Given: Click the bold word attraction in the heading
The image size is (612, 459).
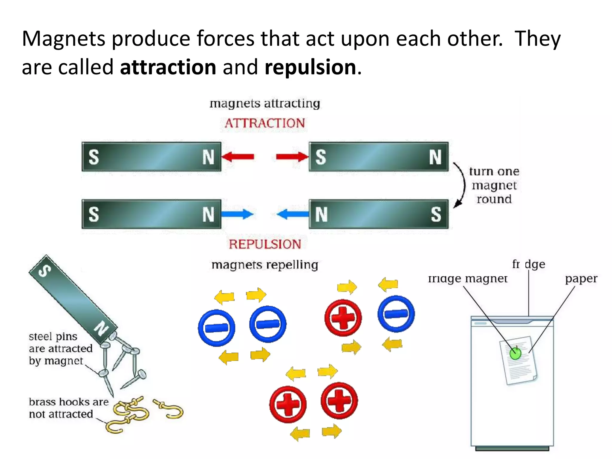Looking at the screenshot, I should [x=168, y=67].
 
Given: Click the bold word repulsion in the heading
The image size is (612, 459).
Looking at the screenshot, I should [x=310, y=67].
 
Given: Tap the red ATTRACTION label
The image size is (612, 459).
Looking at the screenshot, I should [x=265, y=123].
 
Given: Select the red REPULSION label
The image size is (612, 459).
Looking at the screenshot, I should [x=265, y=244].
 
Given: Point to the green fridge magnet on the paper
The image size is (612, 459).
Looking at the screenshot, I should [x=515, y=354].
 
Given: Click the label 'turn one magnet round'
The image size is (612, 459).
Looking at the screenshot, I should [x=494, y=185].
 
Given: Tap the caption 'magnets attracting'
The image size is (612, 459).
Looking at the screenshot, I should [x=265, y=103].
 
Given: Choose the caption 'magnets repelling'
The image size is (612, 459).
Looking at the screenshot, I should [x=265, y=265].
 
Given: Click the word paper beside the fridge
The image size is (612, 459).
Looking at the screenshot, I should [x=581, y=279].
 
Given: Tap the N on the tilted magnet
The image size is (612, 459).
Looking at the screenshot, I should [x=102, y=328].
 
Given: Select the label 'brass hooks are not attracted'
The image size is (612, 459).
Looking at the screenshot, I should [x=68, y=408].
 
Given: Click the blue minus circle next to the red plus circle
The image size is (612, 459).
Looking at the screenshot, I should [x=396, y=314].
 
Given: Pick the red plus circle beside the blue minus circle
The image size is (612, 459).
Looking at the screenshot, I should [x=343, y=318].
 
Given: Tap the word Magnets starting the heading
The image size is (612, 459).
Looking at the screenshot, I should [x=63, y=39].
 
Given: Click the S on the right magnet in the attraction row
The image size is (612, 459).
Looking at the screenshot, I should [x=321, y=157].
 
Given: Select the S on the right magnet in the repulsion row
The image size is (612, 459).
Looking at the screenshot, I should [x=436, y=214].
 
